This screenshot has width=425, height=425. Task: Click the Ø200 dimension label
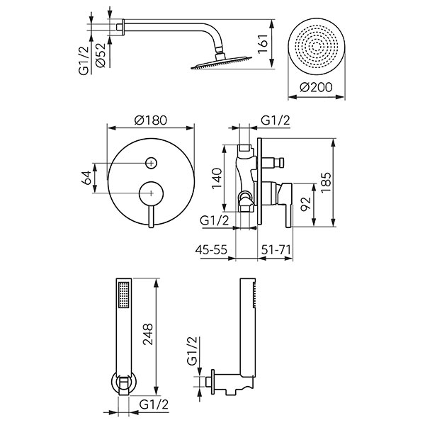tap(317, 87)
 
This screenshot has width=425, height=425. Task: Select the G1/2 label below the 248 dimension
tap(152, 405)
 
